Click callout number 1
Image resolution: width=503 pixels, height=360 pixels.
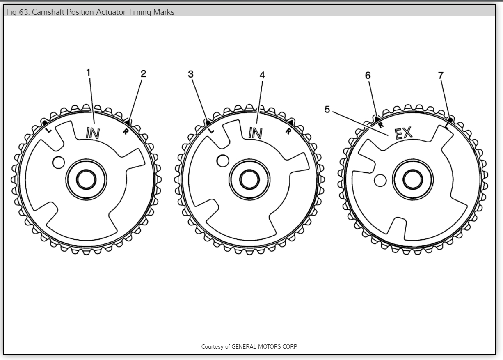click(88, 72)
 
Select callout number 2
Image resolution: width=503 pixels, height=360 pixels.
click(143, 73)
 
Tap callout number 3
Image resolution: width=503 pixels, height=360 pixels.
click(190, 74)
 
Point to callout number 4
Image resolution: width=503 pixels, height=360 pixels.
click(262, 75)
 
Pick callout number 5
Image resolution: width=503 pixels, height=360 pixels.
click(327, 109)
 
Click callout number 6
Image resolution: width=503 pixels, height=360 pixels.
click(368, 75)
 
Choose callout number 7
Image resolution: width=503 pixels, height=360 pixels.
click(441, 75)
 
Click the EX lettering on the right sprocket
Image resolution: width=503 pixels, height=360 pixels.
click(403, 133)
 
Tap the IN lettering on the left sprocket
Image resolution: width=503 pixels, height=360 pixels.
click(92, 133)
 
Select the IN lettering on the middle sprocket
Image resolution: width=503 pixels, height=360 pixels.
click(255, 133)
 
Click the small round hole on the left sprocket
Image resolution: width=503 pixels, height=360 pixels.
click(58, 163)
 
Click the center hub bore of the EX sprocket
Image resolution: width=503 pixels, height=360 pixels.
click(412, 179)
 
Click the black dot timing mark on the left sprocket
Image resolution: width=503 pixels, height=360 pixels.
click(44, 122)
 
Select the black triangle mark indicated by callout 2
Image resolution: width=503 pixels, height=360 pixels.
click(128, 122)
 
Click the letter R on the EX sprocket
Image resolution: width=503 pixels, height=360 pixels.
click(380, 125)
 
